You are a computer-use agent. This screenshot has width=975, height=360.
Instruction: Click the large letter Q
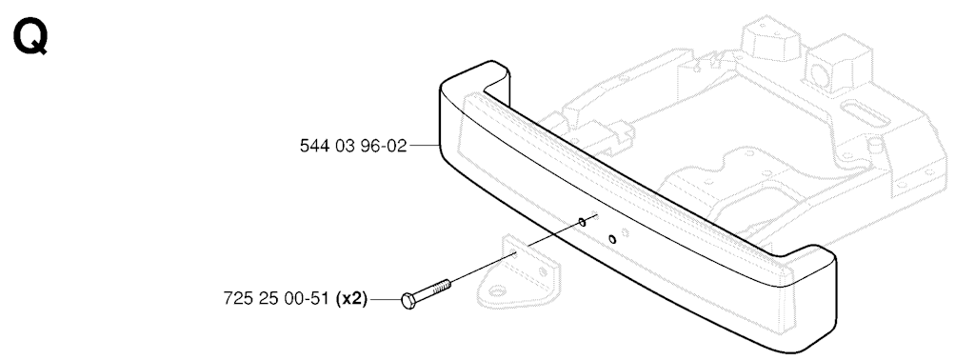[30, 38]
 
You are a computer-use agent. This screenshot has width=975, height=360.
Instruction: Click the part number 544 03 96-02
[352, 146]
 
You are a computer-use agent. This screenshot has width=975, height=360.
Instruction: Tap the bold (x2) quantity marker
[351, 299]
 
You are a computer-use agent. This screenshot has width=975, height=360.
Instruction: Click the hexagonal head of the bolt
[408, 302]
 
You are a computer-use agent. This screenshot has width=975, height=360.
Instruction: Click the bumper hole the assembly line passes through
[582, 221]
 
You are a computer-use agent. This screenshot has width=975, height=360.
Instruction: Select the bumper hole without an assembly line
[612, 239]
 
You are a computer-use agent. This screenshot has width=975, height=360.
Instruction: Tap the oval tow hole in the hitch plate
[497, 290]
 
